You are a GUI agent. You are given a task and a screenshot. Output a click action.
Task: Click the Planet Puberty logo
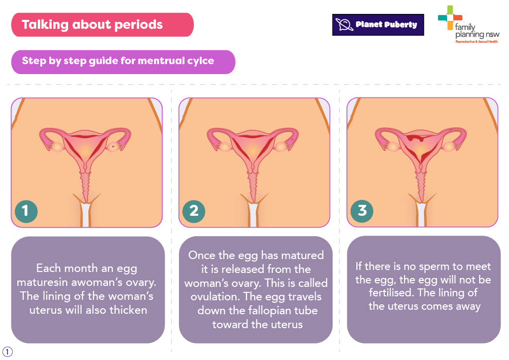(378, 25)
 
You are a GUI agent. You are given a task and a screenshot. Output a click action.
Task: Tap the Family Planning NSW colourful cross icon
(450, 17)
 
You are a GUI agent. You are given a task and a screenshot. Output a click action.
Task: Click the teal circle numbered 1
(26, 211)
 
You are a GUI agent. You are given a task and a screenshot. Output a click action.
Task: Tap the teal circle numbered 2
(194, 211)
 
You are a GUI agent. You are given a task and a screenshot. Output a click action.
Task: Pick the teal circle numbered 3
(362, 211)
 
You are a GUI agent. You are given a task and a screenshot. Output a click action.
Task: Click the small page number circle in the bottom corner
(7, 352)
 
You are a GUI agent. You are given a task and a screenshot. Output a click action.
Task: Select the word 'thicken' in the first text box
(128, 310)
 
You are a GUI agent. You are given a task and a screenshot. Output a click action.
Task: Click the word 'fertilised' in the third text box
(392, 293)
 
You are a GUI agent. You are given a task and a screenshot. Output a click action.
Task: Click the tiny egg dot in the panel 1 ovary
(113, 147)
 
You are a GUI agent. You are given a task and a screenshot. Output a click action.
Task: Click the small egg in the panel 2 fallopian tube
(293, 140)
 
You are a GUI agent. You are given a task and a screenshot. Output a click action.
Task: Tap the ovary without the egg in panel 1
(58, 147)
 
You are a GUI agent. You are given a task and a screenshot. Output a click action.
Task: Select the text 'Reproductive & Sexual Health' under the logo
(476, 42)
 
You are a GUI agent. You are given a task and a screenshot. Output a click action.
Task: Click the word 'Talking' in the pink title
(45, 25)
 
